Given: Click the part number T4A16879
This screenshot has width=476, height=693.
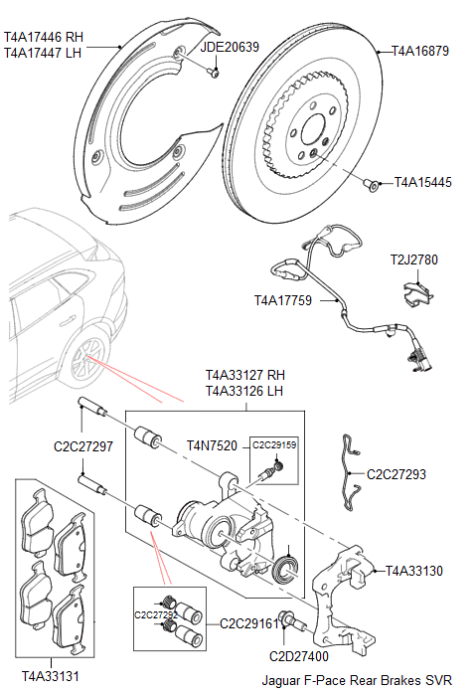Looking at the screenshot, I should [x=420, y=50].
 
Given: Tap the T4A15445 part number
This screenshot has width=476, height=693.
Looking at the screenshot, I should [x=422, y=183].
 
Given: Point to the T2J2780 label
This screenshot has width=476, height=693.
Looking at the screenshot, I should [x=413, y=260].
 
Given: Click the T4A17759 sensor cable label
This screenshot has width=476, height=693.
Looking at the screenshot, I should [x=283, y=299].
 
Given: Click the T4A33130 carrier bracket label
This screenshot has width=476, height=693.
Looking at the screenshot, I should [x=413, y=571].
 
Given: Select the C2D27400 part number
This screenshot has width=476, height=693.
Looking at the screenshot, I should [x=299, y=655].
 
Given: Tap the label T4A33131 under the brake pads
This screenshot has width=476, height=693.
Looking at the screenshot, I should [x=50, y=676].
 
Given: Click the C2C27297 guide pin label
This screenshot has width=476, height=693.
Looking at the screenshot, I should [x=83, y=446].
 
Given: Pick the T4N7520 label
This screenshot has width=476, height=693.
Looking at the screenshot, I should [x=212, y=445].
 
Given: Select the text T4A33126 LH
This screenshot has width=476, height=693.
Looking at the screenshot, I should [x=244, y=392].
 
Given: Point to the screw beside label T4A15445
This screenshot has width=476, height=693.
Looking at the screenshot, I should [x=371, y=184].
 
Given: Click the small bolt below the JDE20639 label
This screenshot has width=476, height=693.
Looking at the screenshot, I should [x=215, y=71].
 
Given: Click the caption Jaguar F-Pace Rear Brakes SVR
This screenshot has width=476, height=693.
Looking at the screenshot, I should [x=356, y=681].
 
